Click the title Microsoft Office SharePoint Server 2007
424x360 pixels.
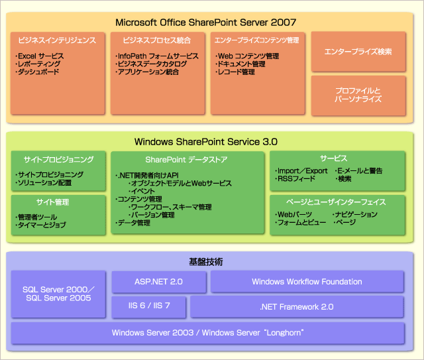pos(205,22)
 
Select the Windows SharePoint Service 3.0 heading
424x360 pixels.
pos(205,141)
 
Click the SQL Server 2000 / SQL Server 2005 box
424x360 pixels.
pos(59,294)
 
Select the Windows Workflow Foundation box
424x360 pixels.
pos(307,282)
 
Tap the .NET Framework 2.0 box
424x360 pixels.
pos(297,306)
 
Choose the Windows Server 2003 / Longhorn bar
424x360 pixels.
pos(207,331)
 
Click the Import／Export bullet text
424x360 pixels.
pos(302,170)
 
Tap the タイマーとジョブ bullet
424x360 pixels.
pos(41,226)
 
